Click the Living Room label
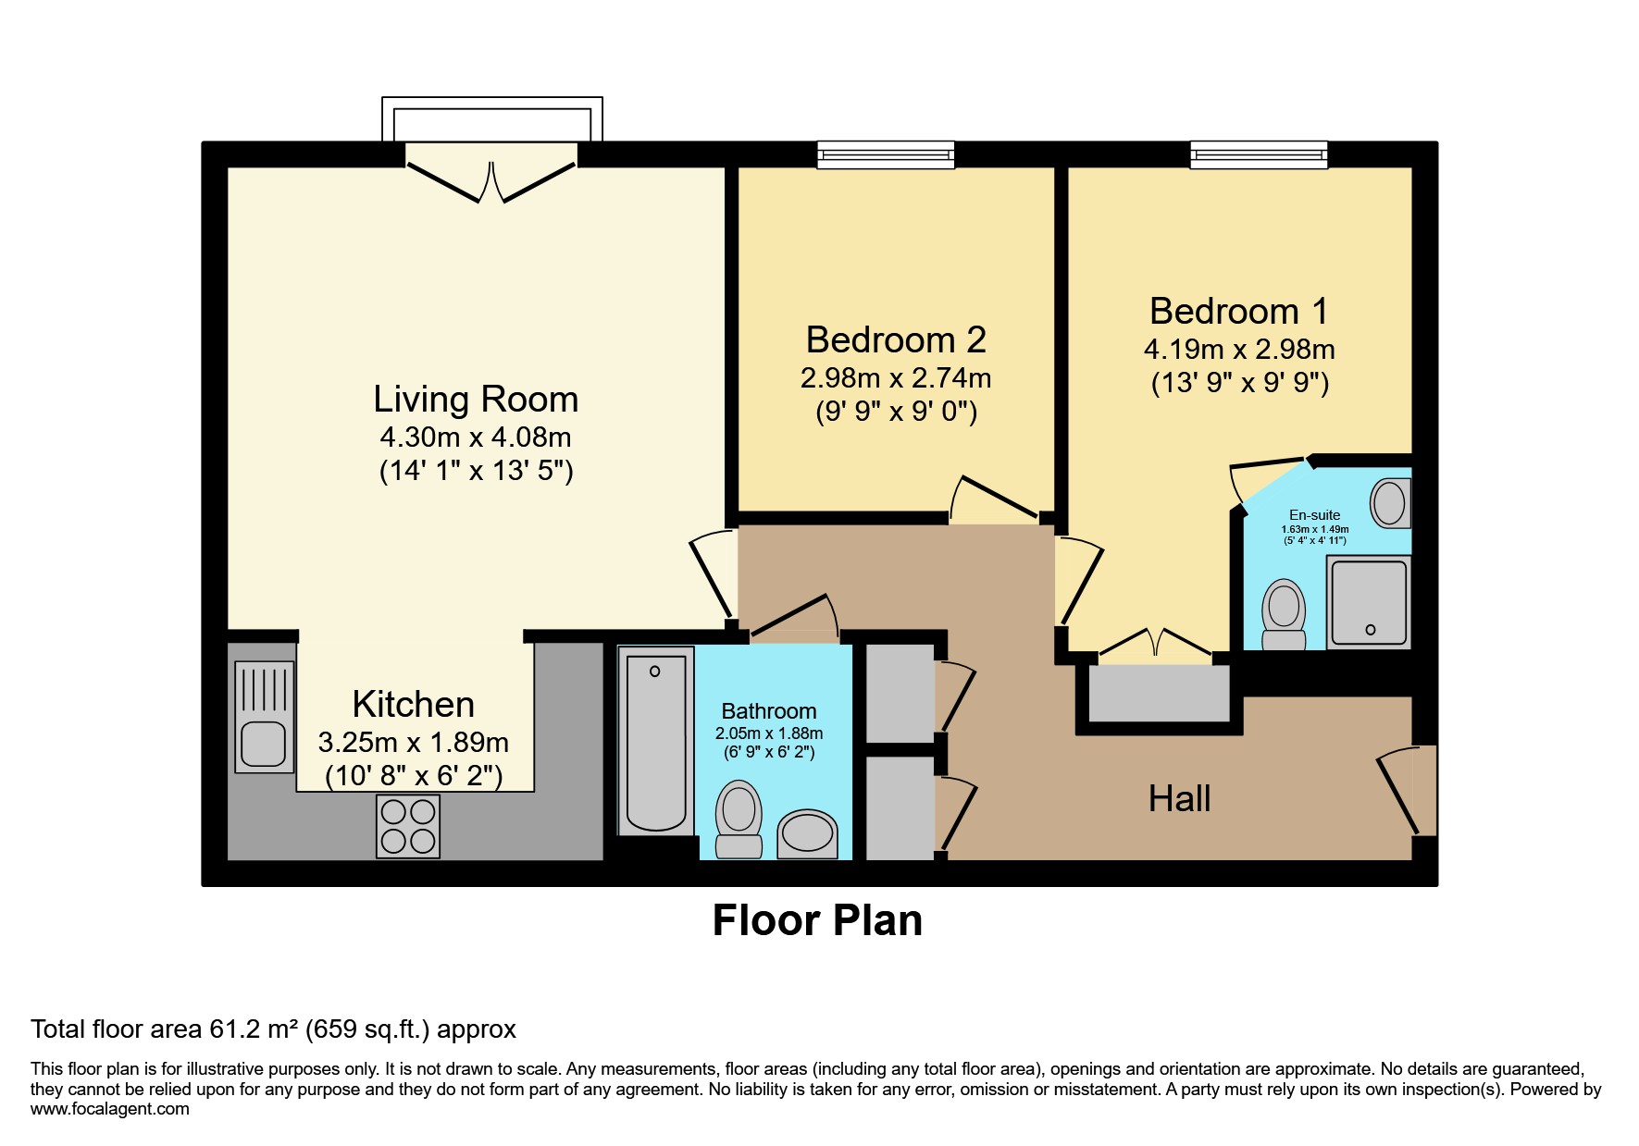(476, 400)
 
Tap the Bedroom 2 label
(895, 340)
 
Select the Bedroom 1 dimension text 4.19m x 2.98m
(1238, 350)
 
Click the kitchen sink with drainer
(264, 717)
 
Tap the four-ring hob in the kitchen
(408, 826)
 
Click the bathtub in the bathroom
(656, 741)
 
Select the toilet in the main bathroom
(739, 819)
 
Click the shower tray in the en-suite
(1369, 602)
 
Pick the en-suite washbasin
(1390, 503)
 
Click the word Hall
(1179, 799)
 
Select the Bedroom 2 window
(886, 154)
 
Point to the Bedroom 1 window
(1259, 154)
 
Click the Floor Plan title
(817, 920)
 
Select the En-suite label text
(1314, 515)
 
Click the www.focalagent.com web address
(110, 1109)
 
